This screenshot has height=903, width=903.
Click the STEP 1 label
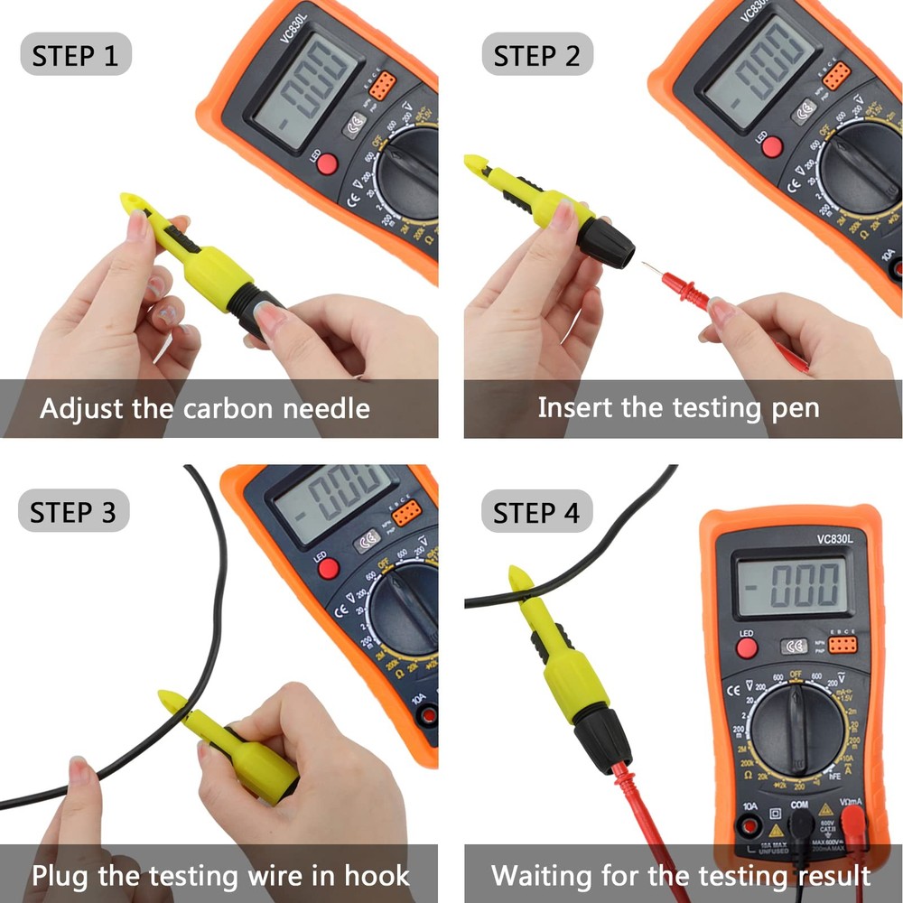point(75,56)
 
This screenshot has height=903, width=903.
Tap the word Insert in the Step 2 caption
point(574,407)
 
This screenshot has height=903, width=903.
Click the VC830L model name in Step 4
point(791,539)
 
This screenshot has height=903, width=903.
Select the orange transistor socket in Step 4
point(844,646)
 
